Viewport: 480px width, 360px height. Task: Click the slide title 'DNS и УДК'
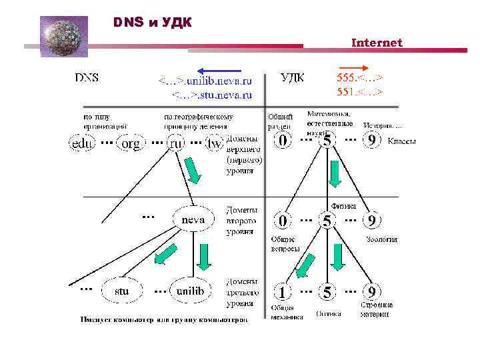click(152, 23)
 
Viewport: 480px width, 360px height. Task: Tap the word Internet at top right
click(377, 43)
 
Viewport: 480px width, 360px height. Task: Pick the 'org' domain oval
click(129, 143)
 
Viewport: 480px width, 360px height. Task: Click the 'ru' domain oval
click(176, 143)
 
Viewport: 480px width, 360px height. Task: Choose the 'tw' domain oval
click(214, 143)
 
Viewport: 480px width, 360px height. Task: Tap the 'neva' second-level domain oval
click(193, 219)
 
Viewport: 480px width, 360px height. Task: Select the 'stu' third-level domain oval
click(121, 291)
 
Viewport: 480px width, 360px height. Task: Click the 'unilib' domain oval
click(191, 291)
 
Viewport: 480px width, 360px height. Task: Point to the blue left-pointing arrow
click(218, 69)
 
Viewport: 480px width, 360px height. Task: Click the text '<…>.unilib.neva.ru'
click(205, 81)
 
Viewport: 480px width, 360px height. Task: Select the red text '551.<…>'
click(359, 91)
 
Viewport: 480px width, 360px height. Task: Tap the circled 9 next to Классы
click(371, 141)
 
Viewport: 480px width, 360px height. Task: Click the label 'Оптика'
click(329, 312)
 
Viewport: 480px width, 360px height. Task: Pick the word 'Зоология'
click(381, 239)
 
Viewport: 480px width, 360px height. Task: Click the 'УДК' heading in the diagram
click(293, 77)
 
